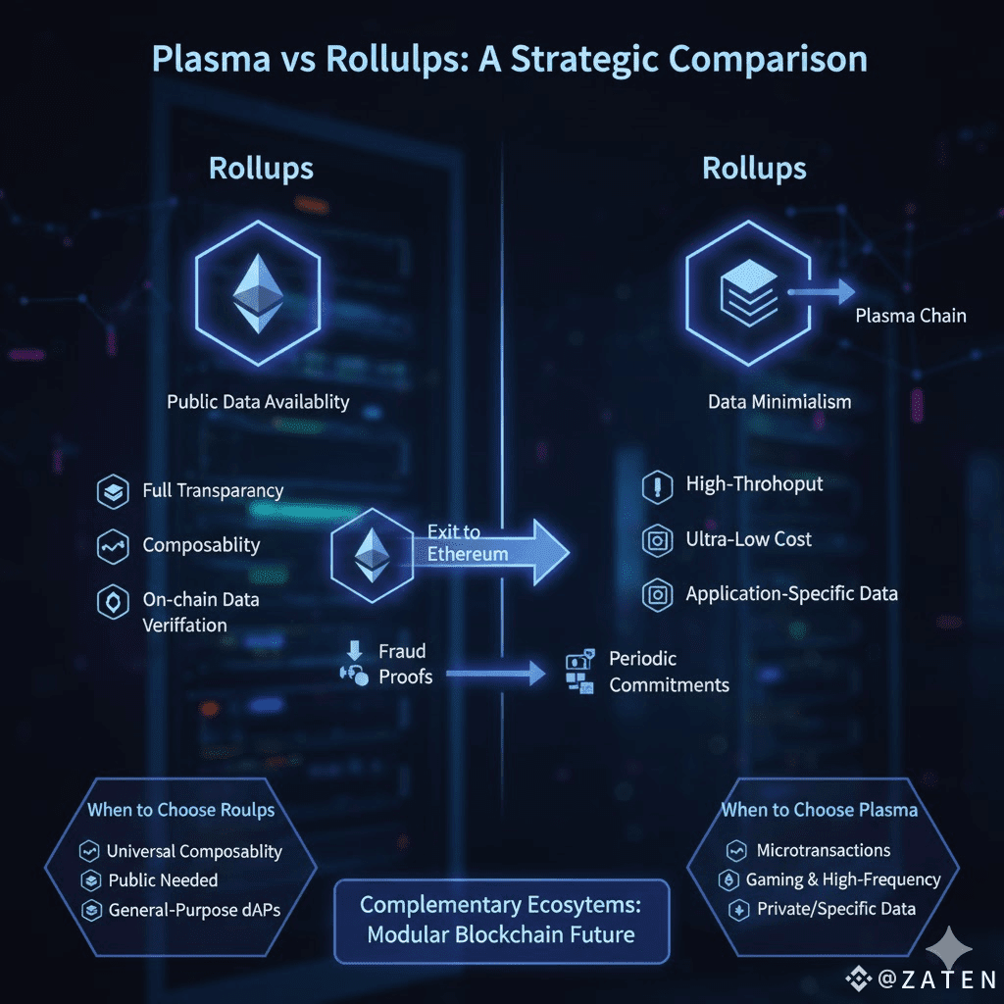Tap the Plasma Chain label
(910, 316)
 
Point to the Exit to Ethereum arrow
(500, 546)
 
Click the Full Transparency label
(213, 490)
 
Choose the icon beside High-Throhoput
(656, 485)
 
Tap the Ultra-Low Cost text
(748, 539)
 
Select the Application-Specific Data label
(791, 593)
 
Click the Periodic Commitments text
(669, 672)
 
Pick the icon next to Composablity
(113, 546)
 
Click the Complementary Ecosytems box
(501, 921)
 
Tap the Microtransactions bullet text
(823, 850)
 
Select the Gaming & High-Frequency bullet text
(843, 879)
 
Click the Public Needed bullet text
(163, 880)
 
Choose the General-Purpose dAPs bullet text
(194, 910)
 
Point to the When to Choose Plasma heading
(819, 810)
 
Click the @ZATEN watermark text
(935, 979)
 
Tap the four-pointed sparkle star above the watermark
(949, 948)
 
